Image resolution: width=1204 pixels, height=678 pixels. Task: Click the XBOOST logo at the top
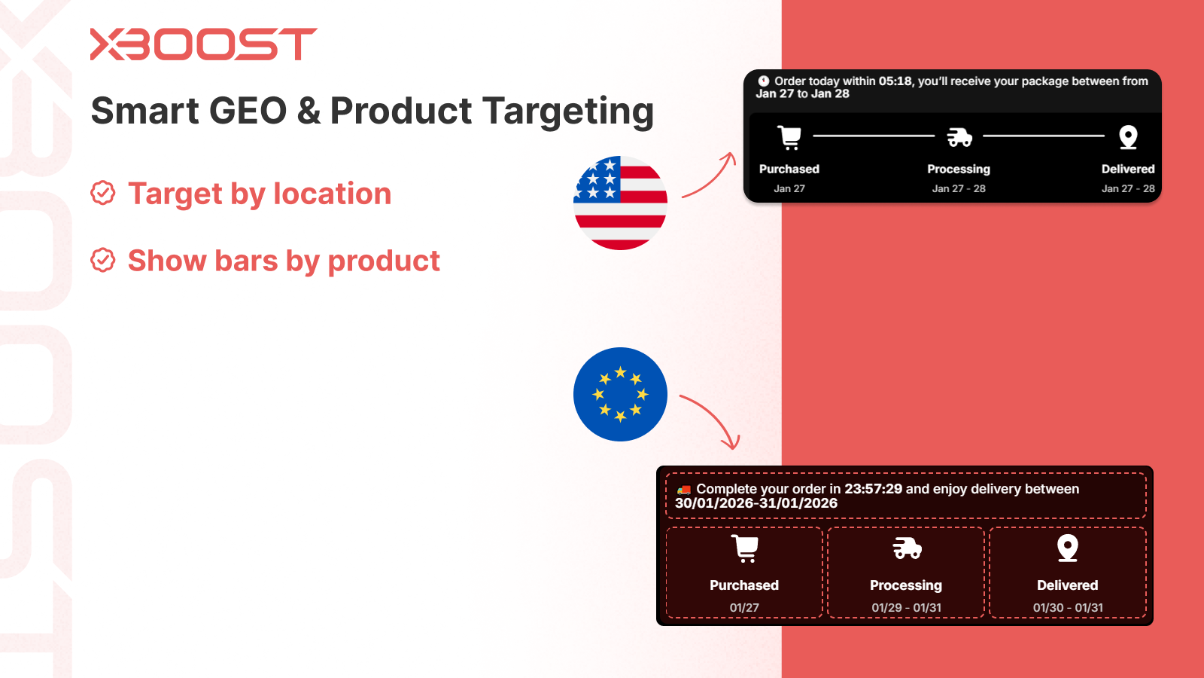pos(204,44)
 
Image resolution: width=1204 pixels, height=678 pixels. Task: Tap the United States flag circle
pos(620,203)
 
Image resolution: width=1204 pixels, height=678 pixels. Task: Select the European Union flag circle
pos(620,395)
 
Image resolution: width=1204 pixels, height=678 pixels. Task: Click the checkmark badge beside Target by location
pos(102,193)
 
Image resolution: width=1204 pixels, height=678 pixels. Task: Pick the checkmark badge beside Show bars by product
pos(102,261)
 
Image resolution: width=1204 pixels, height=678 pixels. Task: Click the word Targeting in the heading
pos(567,112)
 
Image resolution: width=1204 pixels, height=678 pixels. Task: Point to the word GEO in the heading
pos(248,110)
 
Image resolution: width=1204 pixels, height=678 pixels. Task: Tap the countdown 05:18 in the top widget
pos(895,81)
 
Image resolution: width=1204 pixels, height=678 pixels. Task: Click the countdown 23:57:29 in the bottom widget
pos(874,489)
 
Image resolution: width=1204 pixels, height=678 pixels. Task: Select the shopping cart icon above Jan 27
pos(789,137)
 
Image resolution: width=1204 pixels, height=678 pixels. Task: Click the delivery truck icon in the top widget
pos(959,137)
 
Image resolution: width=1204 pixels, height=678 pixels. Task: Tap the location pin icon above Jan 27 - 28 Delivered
pos(1128,137)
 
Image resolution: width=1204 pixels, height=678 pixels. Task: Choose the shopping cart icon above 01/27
pos(745,548)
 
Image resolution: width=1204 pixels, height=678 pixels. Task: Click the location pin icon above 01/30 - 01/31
pos(1068,548)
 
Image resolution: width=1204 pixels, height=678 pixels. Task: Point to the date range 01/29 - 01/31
pos(906,607)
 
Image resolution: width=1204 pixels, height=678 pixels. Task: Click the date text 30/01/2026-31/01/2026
pos(756,503)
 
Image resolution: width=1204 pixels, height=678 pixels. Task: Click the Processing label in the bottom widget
pos(906,585)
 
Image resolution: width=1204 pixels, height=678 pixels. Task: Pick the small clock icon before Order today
pos(763,81)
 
